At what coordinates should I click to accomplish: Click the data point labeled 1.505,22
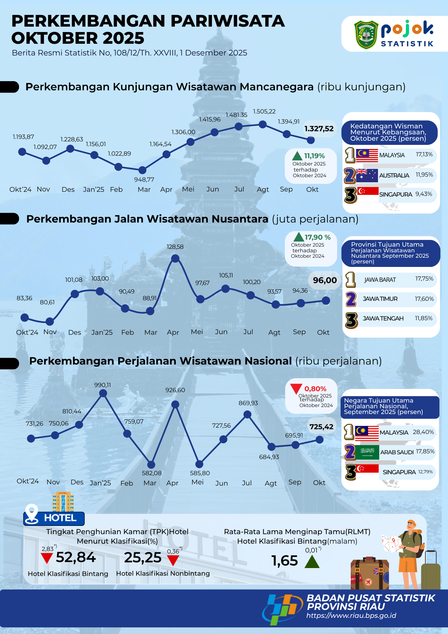[x=263, y=125]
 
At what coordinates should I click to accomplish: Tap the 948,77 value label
[x=144, y=180]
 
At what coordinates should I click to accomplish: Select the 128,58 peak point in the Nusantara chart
[x=175, y=259]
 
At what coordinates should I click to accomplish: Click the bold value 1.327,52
[x=319, y=129]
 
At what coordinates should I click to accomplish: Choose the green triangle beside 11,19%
[x=297, y=156]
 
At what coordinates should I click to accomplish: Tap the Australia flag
[x=367, y=175]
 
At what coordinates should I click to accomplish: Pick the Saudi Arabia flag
[x=367, y=452]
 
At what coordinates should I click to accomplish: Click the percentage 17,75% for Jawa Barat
[x=424, y=279]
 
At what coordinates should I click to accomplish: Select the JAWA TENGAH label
[x=383, y=319]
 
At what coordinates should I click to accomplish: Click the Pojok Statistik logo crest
[x=366, y=34]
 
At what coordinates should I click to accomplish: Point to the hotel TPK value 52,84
[x=76, y=557]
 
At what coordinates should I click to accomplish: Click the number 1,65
[x=285, y=561]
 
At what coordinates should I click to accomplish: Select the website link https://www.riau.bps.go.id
[x=351, y=616]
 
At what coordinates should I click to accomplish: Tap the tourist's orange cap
[x=411, y=523]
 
